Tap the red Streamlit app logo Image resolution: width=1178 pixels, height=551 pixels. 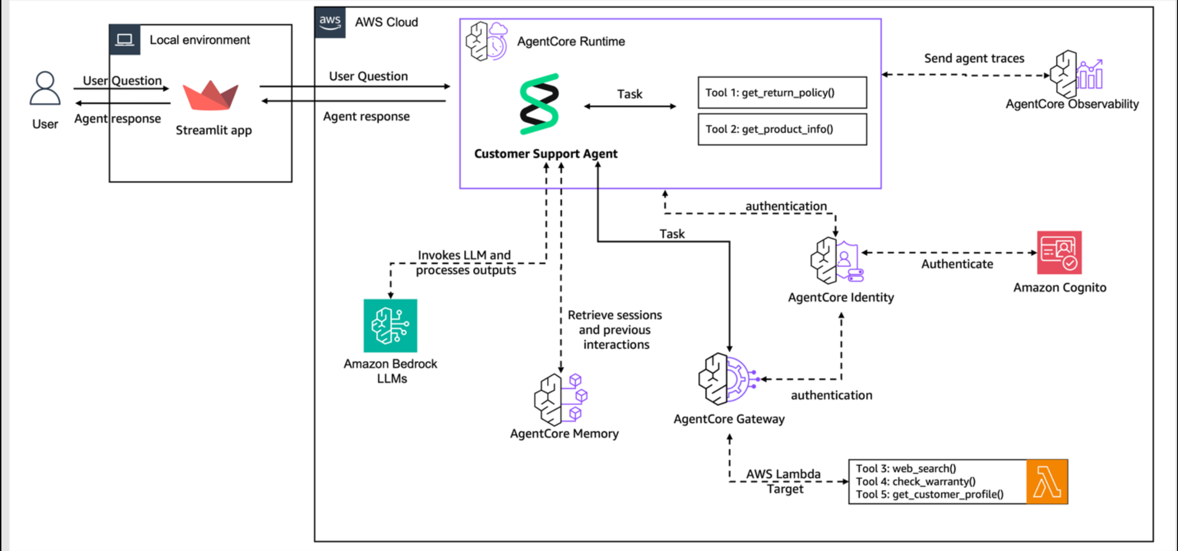(210, 95)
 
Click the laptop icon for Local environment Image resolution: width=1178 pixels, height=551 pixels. (124, 39)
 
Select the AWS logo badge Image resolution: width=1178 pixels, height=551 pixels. (330, 22)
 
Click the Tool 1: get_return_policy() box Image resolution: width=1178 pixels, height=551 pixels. (782, 93)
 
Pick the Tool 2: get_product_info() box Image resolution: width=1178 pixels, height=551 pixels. (782, 129)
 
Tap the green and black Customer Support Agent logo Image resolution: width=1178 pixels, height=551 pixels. (539, 104)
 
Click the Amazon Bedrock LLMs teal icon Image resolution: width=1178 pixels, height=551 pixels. (390, 326)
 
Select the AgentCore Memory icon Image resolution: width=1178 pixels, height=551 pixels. (561, 399)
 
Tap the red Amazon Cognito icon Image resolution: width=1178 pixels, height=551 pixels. (1059, 252)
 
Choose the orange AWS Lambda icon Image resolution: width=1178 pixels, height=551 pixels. (1047, 482)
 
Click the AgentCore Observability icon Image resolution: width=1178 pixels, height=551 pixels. (1076, 74)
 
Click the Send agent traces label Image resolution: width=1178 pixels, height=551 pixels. (974, 58)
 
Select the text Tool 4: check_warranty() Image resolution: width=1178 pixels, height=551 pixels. (915, 481)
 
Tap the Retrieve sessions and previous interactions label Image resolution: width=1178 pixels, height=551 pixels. (615, 330)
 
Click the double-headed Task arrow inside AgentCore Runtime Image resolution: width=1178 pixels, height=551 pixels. (630, 106)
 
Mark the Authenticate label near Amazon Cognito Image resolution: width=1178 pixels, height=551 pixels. (957, 264)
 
